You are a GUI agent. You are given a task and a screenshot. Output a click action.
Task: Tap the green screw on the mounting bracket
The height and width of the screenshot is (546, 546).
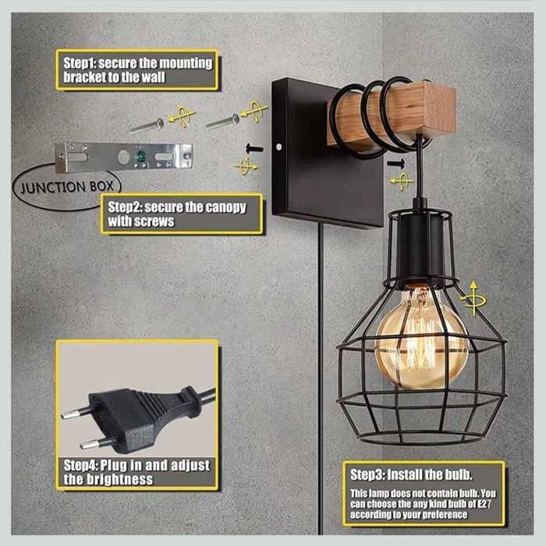pos(141,156)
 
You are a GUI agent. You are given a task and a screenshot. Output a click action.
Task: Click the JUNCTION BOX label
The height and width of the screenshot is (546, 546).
pos(67,187)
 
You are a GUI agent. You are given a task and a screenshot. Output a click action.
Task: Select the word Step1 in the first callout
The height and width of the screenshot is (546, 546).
pos(80,63)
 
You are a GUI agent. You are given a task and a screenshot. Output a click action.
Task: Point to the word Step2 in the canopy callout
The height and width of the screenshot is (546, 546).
pos(125,207)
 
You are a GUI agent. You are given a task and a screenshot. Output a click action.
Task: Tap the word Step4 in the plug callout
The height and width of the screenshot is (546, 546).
pos(81,465)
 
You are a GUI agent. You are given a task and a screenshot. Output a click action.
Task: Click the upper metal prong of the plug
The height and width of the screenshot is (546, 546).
pos(75,413)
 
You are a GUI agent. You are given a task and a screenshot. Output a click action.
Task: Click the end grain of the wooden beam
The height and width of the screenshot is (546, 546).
pos(438,111)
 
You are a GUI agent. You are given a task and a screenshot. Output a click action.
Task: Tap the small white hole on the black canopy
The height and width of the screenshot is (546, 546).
pos(278,147)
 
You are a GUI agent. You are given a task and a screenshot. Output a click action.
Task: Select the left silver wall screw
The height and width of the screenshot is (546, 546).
pos(147,126)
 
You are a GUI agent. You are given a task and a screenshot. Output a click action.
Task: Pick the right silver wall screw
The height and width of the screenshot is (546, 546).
pos(222,121)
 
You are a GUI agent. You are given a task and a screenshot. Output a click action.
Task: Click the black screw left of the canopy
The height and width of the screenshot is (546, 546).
pos(254,148)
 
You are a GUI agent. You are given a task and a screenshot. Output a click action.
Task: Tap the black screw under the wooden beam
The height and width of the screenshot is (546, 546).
pos(396,162)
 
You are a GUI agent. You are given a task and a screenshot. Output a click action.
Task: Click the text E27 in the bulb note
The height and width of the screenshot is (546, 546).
pos(484,504)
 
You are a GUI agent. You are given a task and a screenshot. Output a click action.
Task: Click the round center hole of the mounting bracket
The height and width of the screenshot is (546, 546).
pos(123,157)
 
